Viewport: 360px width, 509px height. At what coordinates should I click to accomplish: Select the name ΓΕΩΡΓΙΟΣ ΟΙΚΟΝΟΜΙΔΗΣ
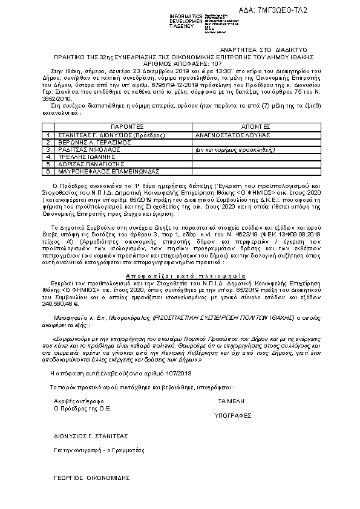(x=92, y=476)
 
